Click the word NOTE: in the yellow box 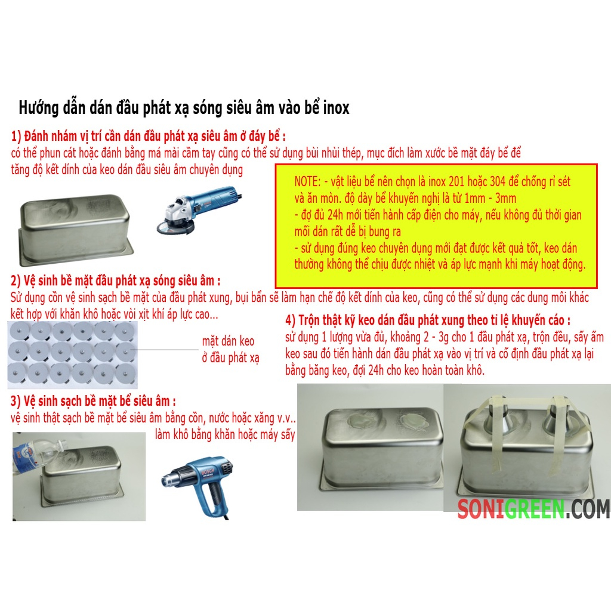tap(307, 181)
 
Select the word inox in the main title tap(337, 108)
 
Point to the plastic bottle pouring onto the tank tap(39, 453)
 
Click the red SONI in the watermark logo tap(481, 509)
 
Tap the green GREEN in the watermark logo tap(534, 509)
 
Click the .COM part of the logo tap(587, 509)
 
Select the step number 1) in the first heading tap(16, 137)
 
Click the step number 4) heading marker tap(291, 320)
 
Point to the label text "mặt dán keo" tap(228, 342)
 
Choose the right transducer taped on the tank tap(556, 419)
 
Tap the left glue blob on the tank tap(360, 421)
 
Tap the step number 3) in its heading tap(16, 402)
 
